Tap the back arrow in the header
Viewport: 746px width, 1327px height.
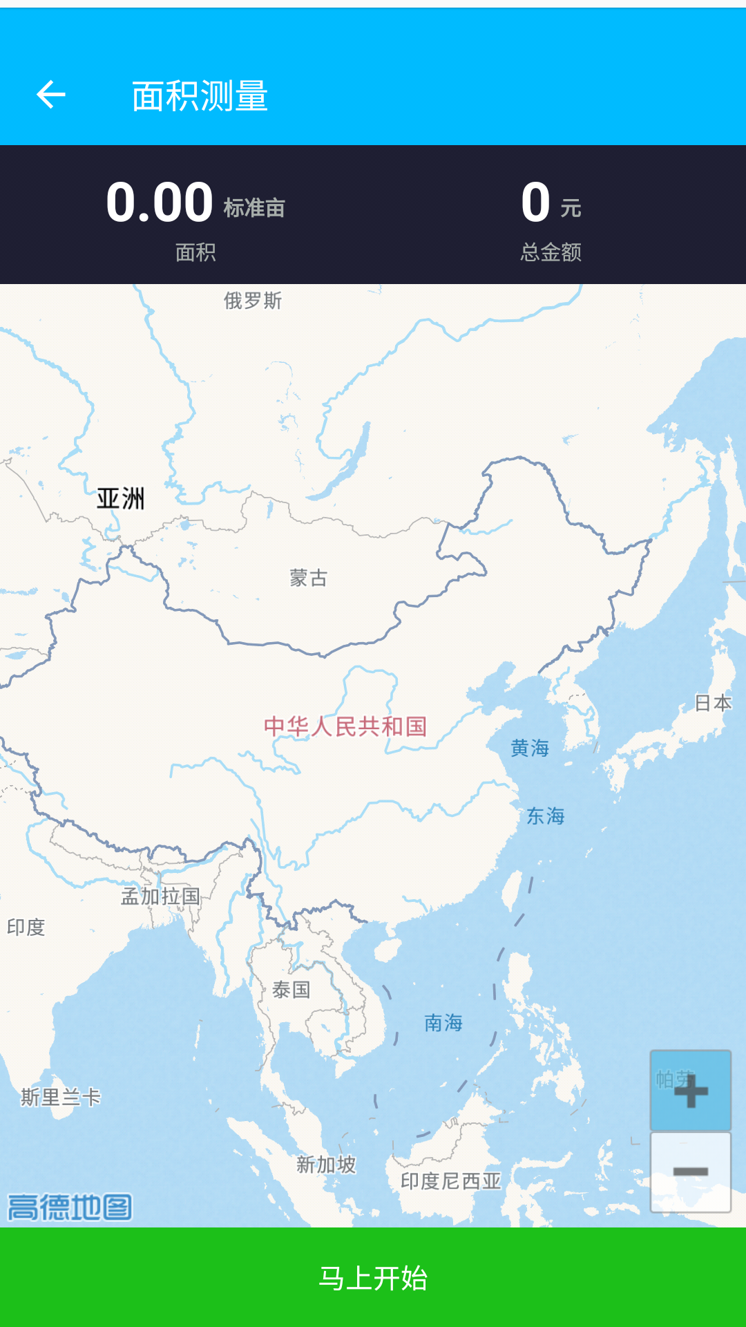[x=51, y=95]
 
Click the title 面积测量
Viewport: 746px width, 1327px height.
[x=200, y=96]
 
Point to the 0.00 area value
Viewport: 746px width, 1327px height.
[x=160, y=203]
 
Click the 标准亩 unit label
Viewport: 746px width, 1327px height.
[x=254, y=208]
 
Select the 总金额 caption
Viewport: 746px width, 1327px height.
[x=551, y=252]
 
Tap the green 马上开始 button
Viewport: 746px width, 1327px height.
[x=373, y=1278]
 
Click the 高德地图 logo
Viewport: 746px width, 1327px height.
[x=70, y=1207]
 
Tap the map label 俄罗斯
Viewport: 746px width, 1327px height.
[x=253, y=301]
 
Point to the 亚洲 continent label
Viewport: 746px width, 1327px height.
[x=121, y=498]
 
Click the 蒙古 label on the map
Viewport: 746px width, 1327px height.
[x=308, y=578]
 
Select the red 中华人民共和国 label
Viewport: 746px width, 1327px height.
[x=345, y=726]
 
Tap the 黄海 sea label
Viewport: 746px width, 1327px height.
[x=530, y=748]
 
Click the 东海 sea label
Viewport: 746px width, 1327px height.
[x=546, y=816]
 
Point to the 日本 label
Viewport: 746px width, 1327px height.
[x=713, y=704]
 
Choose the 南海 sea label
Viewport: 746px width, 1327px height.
[x=443, y=1023]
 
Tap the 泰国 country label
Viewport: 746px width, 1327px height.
[x=291, y=990]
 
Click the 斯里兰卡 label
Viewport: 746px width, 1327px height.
[x=61, y=1097]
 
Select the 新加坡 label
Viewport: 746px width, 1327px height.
[x=326, y=1165]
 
